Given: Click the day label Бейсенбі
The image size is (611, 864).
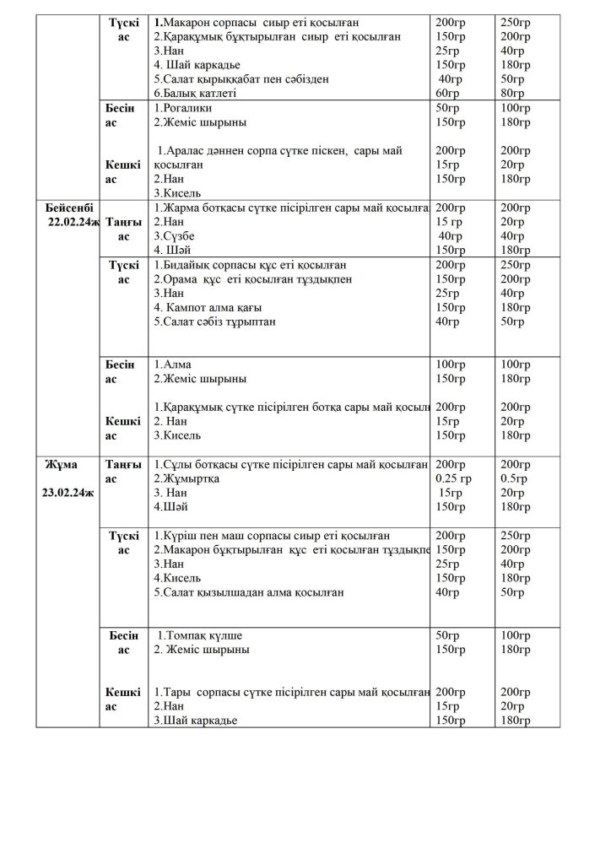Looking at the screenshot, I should pyautogui.click(x=69, y=208).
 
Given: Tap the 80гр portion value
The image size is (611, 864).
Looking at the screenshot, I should pyautogui.click(x=512, y=93).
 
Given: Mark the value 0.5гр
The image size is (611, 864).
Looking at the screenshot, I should pyautogui.click(x=513, y=478).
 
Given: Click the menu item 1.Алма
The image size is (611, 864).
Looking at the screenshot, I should pyautogui.click(x=171, y=365).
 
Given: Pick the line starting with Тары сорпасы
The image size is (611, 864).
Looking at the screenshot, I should pyautogui.click(x=291, y=691).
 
